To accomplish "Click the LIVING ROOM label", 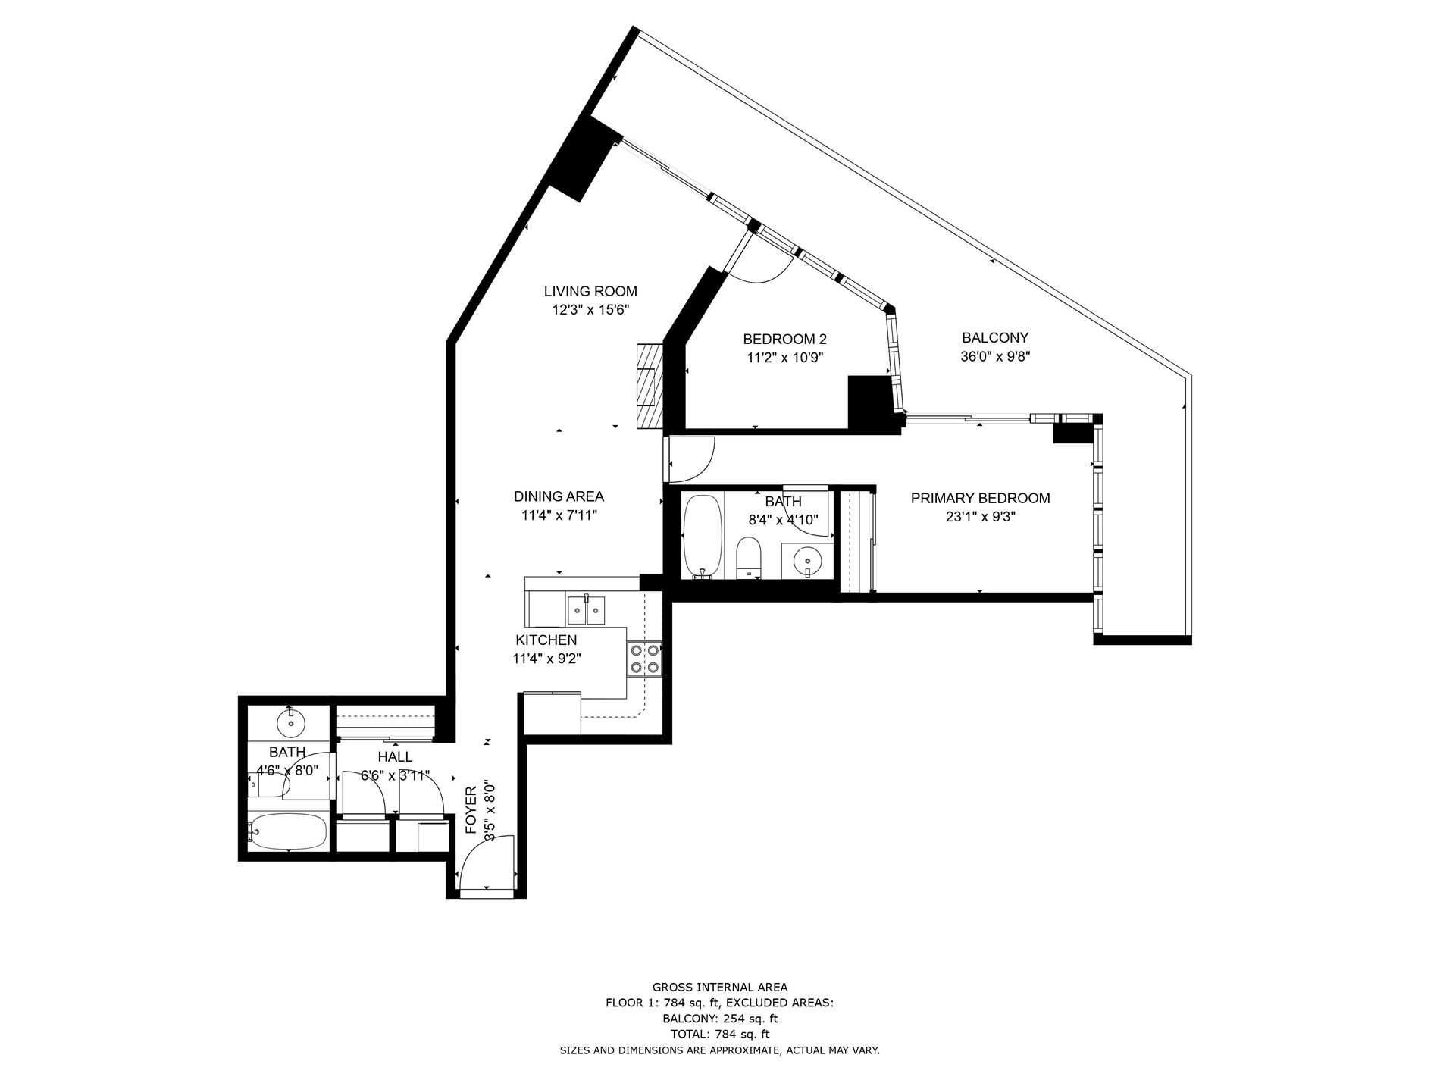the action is (590, 291).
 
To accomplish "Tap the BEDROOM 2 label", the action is (784, 339).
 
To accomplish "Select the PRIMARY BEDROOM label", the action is (980, 498).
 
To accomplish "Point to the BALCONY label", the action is (995, 337).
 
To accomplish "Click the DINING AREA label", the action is (559, 496).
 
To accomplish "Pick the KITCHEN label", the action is (546, 640).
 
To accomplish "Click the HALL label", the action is (395, 756).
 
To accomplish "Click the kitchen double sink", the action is (586, 609).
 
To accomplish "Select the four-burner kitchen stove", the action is (644, 658).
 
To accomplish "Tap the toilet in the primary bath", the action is (749, 557).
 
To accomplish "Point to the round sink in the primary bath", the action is (808, 561).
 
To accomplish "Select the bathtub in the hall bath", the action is (288, 832).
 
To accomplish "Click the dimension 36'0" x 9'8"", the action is (995, 356).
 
